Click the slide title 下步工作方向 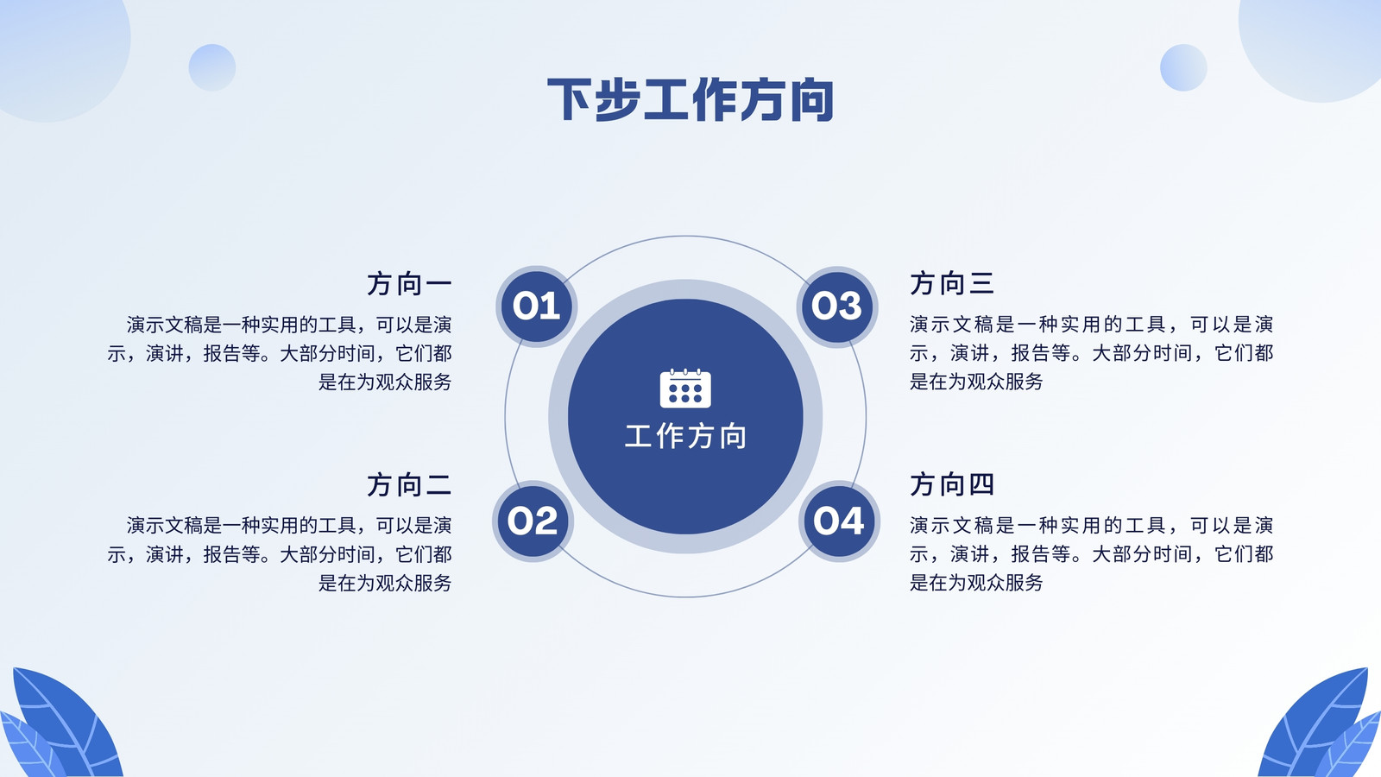[x=690, y=99]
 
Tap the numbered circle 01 [x=536, y=306]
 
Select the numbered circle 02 [x=533, y=521]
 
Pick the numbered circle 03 [x=836, y=306]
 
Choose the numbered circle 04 [x=839, y=521]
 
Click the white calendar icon [x=685, y=388]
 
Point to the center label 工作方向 [x=685, y=436]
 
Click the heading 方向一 [x=409, y=284]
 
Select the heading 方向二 [x=409, y=484]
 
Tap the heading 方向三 [x=952, y=283]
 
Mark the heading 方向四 [x=952, y=484]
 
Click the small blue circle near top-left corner [x=212, y=68]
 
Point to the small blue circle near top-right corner [x=1183, y=68]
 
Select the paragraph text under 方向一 [x=280, y=353]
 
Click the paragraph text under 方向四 [x=1091, y=553]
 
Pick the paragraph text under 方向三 [x=1091, y=353]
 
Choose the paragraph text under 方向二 [x=280, y=554]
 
